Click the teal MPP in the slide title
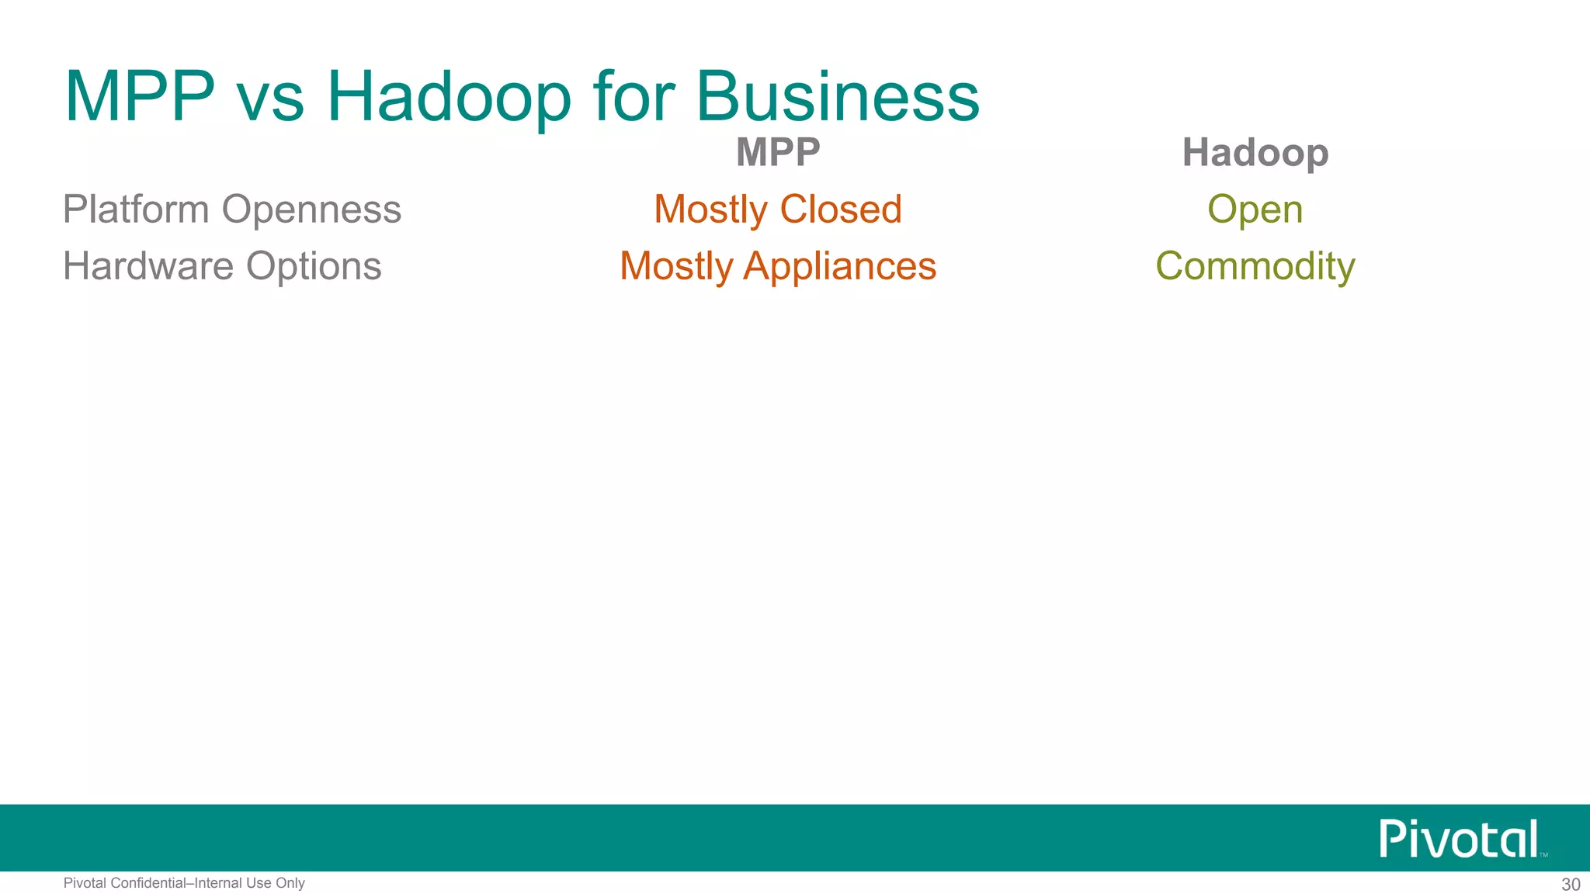click(x=140, y=97)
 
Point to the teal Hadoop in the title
click(x=449, y=97)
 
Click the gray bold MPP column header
click(x=778, y=152)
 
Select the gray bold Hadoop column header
click(x=1255, y=153)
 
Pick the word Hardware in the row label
click(x=148, y=266)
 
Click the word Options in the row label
click(x=314, y=267)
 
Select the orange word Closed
click(x=840, y=210)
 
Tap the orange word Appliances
click(x=839, y=267)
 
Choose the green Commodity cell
click(x=1255, y=267)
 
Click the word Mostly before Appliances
click(x=676, y=267)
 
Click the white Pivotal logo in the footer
click(x=1460, y=838)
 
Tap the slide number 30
click(x=1571, y=885)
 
